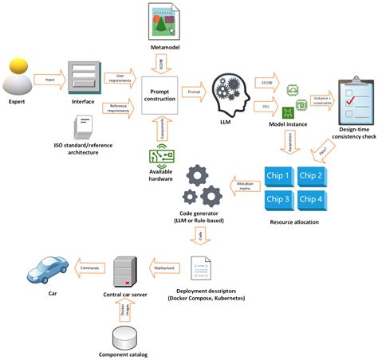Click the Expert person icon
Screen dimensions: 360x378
pyautogui.click(x=19, y=78)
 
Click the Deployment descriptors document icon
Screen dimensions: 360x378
pyautogui.click(x=202, y=271)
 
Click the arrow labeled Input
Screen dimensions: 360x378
pyautogui.click(x=50, y=80)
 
